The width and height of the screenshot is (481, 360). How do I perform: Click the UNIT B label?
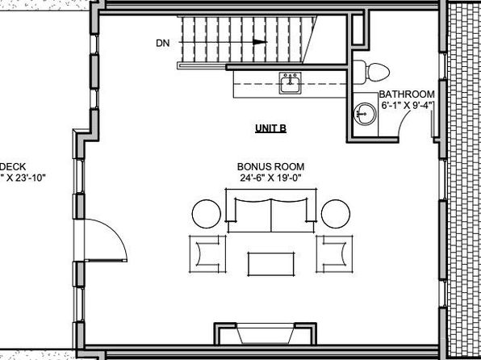coord(271,128)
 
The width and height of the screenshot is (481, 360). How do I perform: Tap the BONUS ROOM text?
coord(271,166)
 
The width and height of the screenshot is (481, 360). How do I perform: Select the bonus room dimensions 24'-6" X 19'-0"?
coord(270,178)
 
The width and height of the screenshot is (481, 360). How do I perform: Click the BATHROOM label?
coord(407,94)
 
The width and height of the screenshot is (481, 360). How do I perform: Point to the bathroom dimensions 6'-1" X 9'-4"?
coord(407,105)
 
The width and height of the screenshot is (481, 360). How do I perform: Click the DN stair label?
coord(162,44)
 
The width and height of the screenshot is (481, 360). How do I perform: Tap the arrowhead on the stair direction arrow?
coord(260,42)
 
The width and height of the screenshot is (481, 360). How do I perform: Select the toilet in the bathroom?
coord(372,72)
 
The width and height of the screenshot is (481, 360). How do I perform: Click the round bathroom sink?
coord(366,114)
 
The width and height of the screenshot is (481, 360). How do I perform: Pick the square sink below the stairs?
coord(290,83)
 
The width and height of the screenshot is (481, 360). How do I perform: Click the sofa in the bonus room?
coord(271,211)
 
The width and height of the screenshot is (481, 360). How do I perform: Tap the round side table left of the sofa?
coord(207,214)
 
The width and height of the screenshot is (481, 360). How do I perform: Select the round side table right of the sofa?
coord(336,214)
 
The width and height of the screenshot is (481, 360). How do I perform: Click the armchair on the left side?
coord(207,254)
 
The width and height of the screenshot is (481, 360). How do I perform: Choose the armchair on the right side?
coord(334,254)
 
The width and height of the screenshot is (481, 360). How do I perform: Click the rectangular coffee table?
coord(271,264)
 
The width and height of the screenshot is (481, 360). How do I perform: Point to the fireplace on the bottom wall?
coord(265,333)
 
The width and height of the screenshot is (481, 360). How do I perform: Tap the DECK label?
coord(13,166)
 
